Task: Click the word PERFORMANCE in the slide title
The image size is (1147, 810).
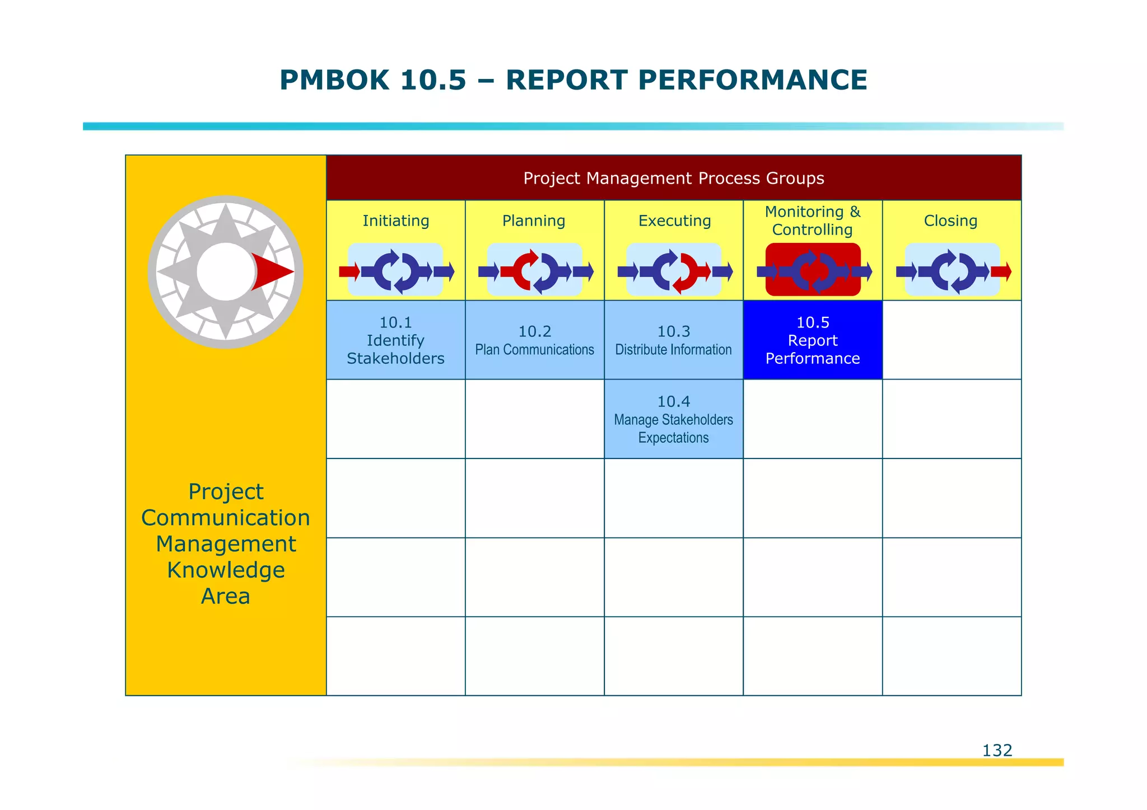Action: (x=752, y=80)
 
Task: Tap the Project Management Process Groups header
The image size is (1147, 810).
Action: (x=673, y=178)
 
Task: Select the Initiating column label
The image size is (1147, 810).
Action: (x=395, y=221)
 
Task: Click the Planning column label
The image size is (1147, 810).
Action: (x=534, y=221)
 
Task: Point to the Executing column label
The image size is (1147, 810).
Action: (x=674, y=221)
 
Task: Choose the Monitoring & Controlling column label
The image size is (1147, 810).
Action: (x=812, y=221)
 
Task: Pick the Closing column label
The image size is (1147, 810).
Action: (x=950, y=221)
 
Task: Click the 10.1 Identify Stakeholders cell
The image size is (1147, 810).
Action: (x=395, y=340)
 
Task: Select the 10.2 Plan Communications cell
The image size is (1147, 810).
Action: (x=534, y=340)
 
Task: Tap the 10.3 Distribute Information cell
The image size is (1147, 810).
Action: (x=673, y=340)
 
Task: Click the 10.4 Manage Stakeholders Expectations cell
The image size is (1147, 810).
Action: (x=673, y=419)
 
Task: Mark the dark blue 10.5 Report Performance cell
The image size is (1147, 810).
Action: (x=813, y=340)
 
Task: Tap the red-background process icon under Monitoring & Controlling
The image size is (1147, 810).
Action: (x=813, y=270)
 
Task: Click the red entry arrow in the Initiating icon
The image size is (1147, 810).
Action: (x=349, y=272)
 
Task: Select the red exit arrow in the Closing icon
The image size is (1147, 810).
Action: (x=1001, y=272)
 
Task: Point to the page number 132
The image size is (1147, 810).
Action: (x=997, y=750)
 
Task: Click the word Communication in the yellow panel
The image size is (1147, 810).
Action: (x=226, y=518)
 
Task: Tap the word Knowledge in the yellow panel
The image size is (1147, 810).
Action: (x=226, y=570)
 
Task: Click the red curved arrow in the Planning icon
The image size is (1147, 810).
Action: (x=524, y=269)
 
